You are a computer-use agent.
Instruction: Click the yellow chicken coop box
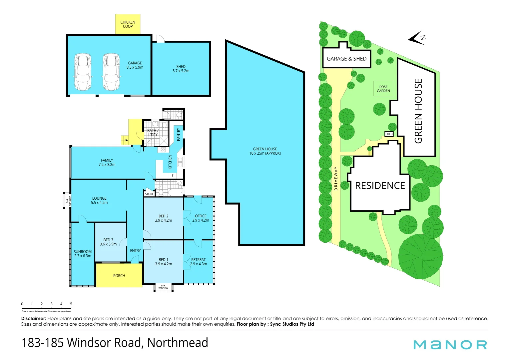click(128, 24)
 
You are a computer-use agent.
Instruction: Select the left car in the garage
click(83, 72)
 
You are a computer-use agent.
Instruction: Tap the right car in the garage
click(111, 72)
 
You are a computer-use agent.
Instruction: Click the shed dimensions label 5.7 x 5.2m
click(181, 71)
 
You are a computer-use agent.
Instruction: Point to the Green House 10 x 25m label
click(265, 151)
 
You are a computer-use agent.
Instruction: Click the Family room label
click(107, 162)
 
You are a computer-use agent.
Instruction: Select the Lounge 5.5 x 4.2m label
click(99, 200)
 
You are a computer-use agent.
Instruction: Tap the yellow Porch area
click(119, 275)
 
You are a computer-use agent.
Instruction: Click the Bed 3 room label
click(108, 242)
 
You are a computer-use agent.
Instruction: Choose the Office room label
click(201, 218)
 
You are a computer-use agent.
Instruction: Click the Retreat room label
click(199, 262)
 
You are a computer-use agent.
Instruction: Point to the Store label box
click(149, 194)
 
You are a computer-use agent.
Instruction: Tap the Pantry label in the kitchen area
click(178, 134)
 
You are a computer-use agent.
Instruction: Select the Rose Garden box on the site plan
click(383, 89)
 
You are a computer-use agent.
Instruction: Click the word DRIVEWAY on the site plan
click(336, 178)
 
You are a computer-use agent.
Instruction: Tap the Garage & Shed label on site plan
click(346, 59)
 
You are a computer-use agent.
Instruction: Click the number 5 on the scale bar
click(71, 304)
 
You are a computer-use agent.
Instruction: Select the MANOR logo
click(450, 345)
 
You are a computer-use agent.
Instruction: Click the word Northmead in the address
click(178, 343)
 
